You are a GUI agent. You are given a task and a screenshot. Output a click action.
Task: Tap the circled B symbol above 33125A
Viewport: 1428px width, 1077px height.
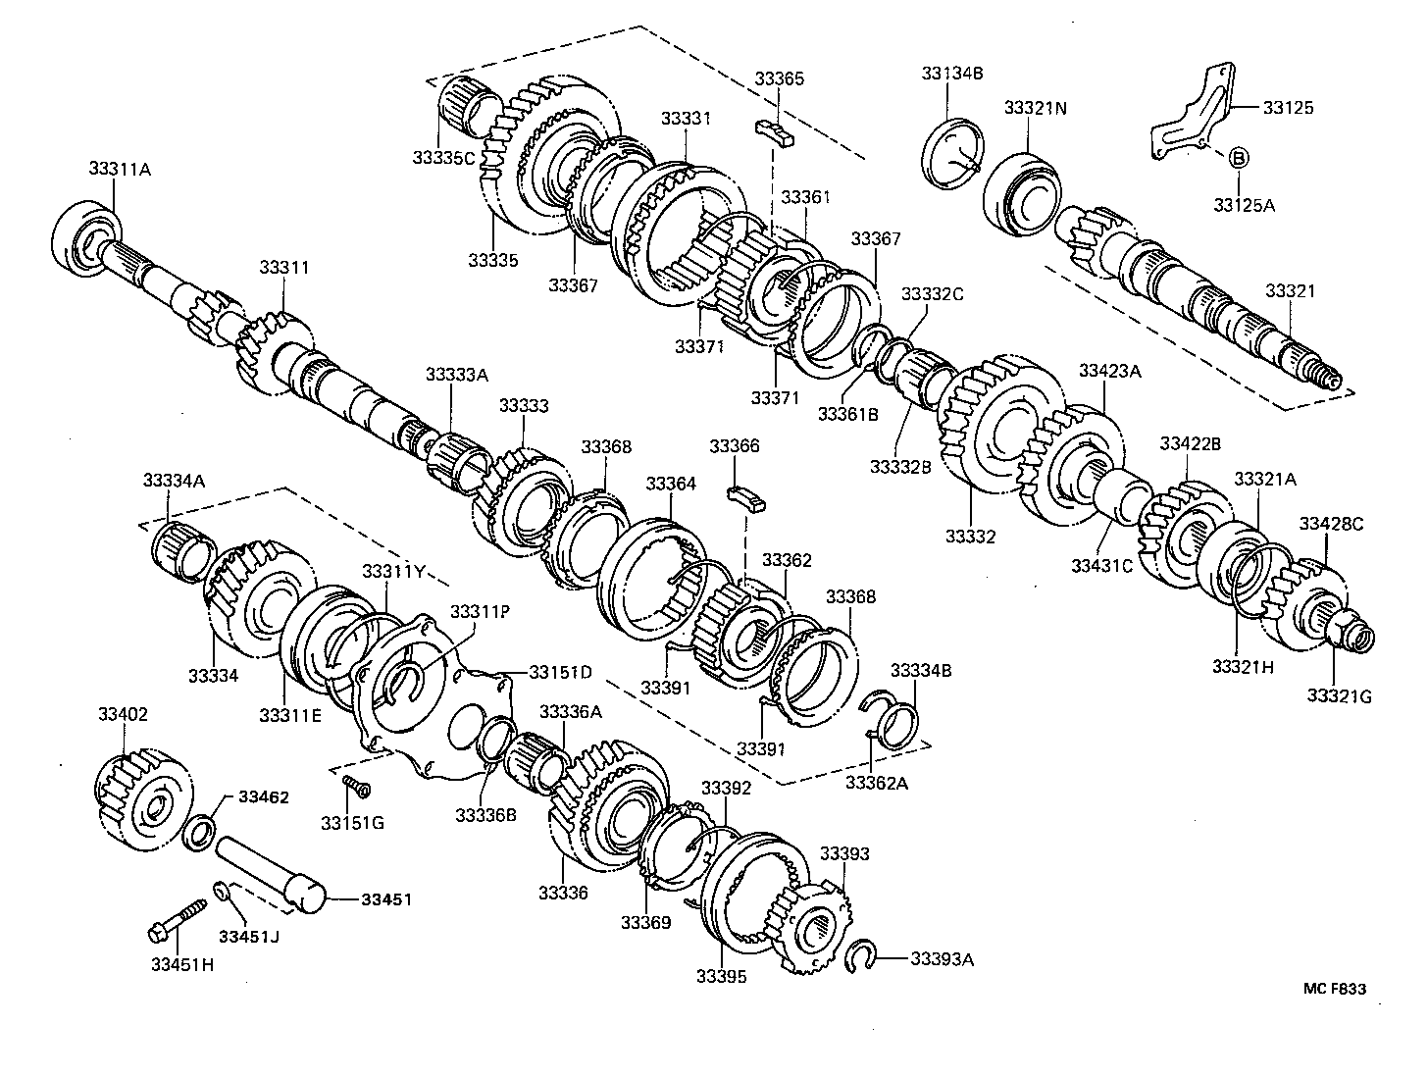(x=1237, y=157)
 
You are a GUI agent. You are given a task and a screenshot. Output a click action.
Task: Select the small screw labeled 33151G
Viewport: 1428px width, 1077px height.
(x=355, y=785)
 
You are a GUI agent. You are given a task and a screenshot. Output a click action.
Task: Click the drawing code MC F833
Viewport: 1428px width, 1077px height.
(x=1334, y=989)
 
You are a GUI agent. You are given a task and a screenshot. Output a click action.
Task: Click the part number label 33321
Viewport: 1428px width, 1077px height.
(x=1290, y=291)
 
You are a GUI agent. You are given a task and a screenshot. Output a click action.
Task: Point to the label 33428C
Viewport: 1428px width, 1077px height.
(x=1331, y=524)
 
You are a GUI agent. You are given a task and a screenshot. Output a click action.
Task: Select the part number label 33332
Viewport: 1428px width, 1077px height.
(x=970, y=537)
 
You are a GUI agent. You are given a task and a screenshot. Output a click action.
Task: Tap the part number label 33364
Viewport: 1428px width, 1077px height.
(x=671, y=484)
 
